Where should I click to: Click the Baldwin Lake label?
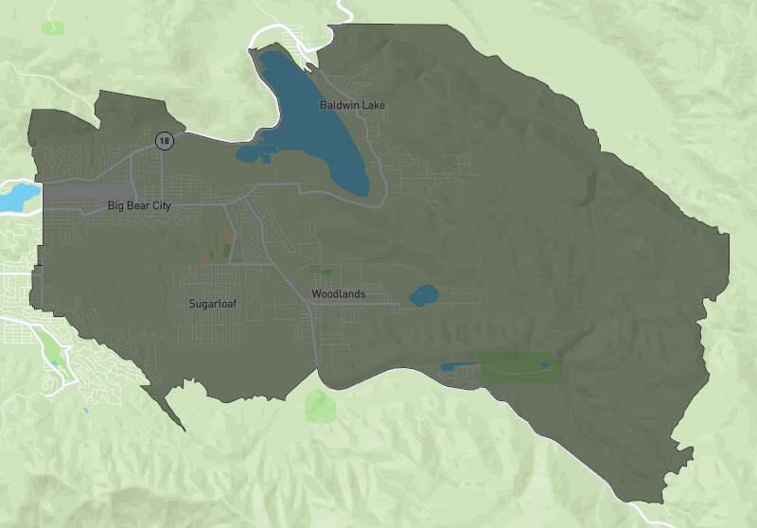(x=352, y=104)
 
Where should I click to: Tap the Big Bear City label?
(x=139, y=205)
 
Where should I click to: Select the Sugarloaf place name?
(x=212, y=304)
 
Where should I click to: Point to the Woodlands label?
(x=338, y=294)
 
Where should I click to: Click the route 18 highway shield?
(x=165, y=141)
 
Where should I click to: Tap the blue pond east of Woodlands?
(x=423, y=296)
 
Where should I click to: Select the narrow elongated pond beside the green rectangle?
(x=459, y=366)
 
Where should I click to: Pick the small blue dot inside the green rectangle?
(x=544, y=364)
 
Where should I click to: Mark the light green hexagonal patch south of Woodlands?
(x=320, y=406)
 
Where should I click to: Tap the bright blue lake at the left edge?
(x=17, y=197)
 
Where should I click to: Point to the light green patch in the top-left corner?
(x=53, y=28)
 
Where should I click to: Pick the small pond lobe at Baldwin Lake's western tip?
(x=247, y=153)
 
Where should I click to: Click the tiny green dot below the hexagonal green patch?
(x=316, y=441)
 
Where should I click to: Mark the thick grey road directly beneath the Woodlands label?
(x=339, y=305)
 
